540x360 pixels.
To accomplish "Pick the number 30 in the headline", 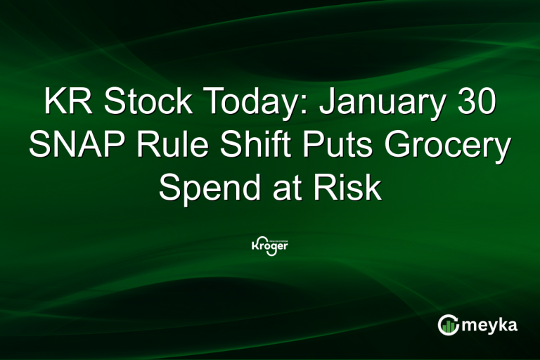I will pos(474,103).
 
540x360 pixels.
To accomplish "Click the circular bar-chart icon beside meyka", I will pos(448,325).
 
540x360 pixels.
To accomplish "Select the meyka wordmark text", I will pos(490,326).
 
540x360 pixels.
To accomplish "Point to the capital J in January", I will pos(327,103).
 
